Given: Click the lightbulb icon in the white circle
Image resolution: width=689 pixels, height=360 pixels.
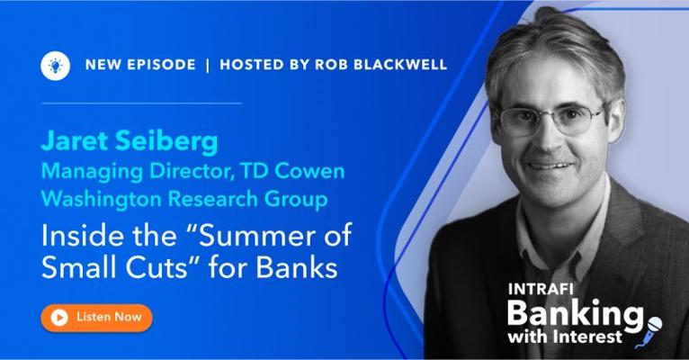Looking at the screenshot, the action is point(56,66).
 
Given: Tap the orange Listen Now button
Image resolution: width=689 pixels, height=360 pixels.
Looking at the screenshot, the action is point(96,318).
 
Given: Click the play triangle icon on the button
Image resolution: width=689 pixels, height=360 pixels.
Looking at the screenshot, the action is point(59,317).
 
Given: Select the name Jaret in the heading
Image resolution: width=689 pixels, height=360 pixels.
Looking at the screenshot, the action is point(75,141).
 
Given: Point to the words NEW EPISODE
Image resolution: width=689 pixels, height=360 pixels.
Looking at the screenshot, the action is point(140,65).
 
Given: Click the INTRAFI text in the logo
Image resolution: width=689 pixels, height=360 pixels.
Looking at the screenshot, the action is point(541,289).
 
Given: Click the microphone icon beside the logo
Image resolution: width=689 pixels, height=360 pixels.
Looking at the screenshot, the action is point(649,332).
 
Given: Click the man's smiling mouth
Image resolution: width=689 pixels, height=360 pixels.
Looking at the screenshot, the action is point(550,166).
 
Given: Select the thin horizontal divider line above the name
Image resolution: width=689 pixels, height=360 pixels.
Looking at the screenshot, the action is point(141,103).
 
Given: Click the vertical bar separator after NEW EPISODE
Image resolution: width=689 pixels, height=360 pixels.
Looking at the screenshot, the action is point(208,65).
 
